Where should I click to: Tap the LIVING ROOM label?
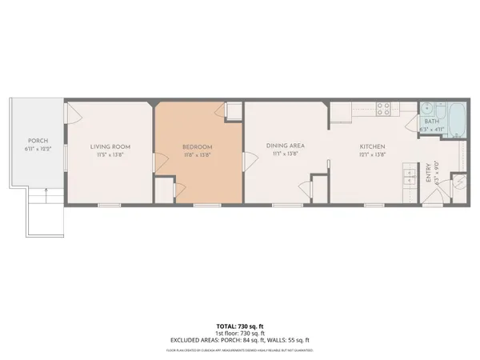tap(110, 146)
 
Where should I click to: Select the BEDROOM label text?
tap(197, 146)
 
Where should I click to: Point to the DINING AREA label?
tap(284, 146)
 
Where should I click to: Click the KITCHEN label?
tap(373, 146)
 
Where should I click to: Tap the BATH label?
tap(432, 121)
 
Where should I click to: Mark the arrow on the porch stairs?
tap(49, 193)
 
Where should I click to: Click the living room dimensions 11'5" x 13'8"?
tap(110, 154)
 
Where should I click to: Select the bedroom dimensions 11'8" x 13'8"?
tap(197, 154)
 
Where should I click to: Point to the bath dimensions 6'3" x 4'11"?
tap(432, 129)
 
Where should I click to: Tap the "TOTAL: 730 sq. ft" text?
tap(240, 326)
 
